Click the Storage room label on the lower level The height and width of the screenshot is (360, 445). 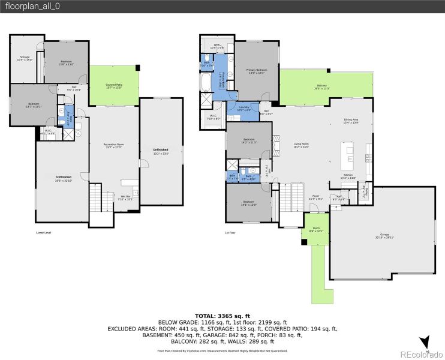pyautogui.click(x=24, y=59)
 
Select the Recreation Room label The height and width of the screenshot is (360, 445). pyautogui.click(x=113, y=146)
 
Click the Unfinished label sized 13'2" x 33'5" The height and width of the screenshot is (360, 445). pyautogui.click(x=160, y=151)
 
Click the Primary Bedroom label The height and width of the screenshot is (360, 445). pyautogui.click(x=256, y=71)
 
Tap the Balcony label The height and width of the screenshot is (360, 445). pyautogui.click(x=321, y=88)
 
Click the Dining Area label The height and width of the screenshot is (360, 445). pyautogui.click(x=351, y=121)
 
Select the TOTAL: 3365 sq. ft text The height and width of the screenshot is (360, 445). pyautogui.click(x=222, y=316)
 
